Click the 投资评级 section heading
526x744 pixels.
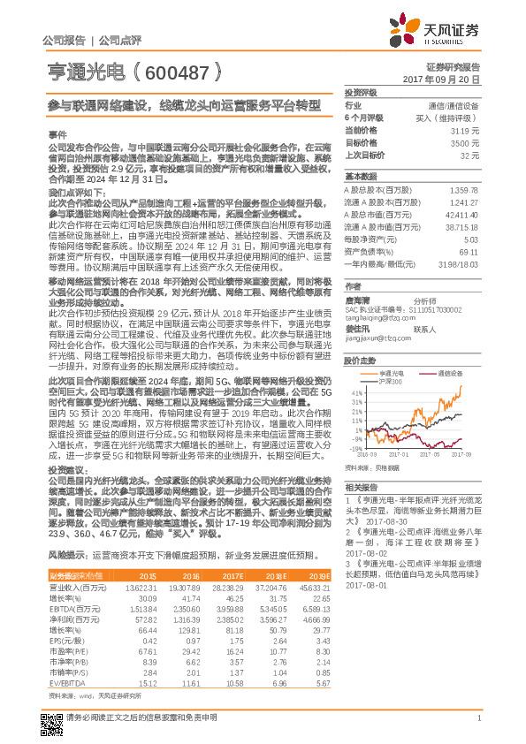(361, 92)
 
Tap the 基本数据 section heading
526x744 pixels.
(361, 175)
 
